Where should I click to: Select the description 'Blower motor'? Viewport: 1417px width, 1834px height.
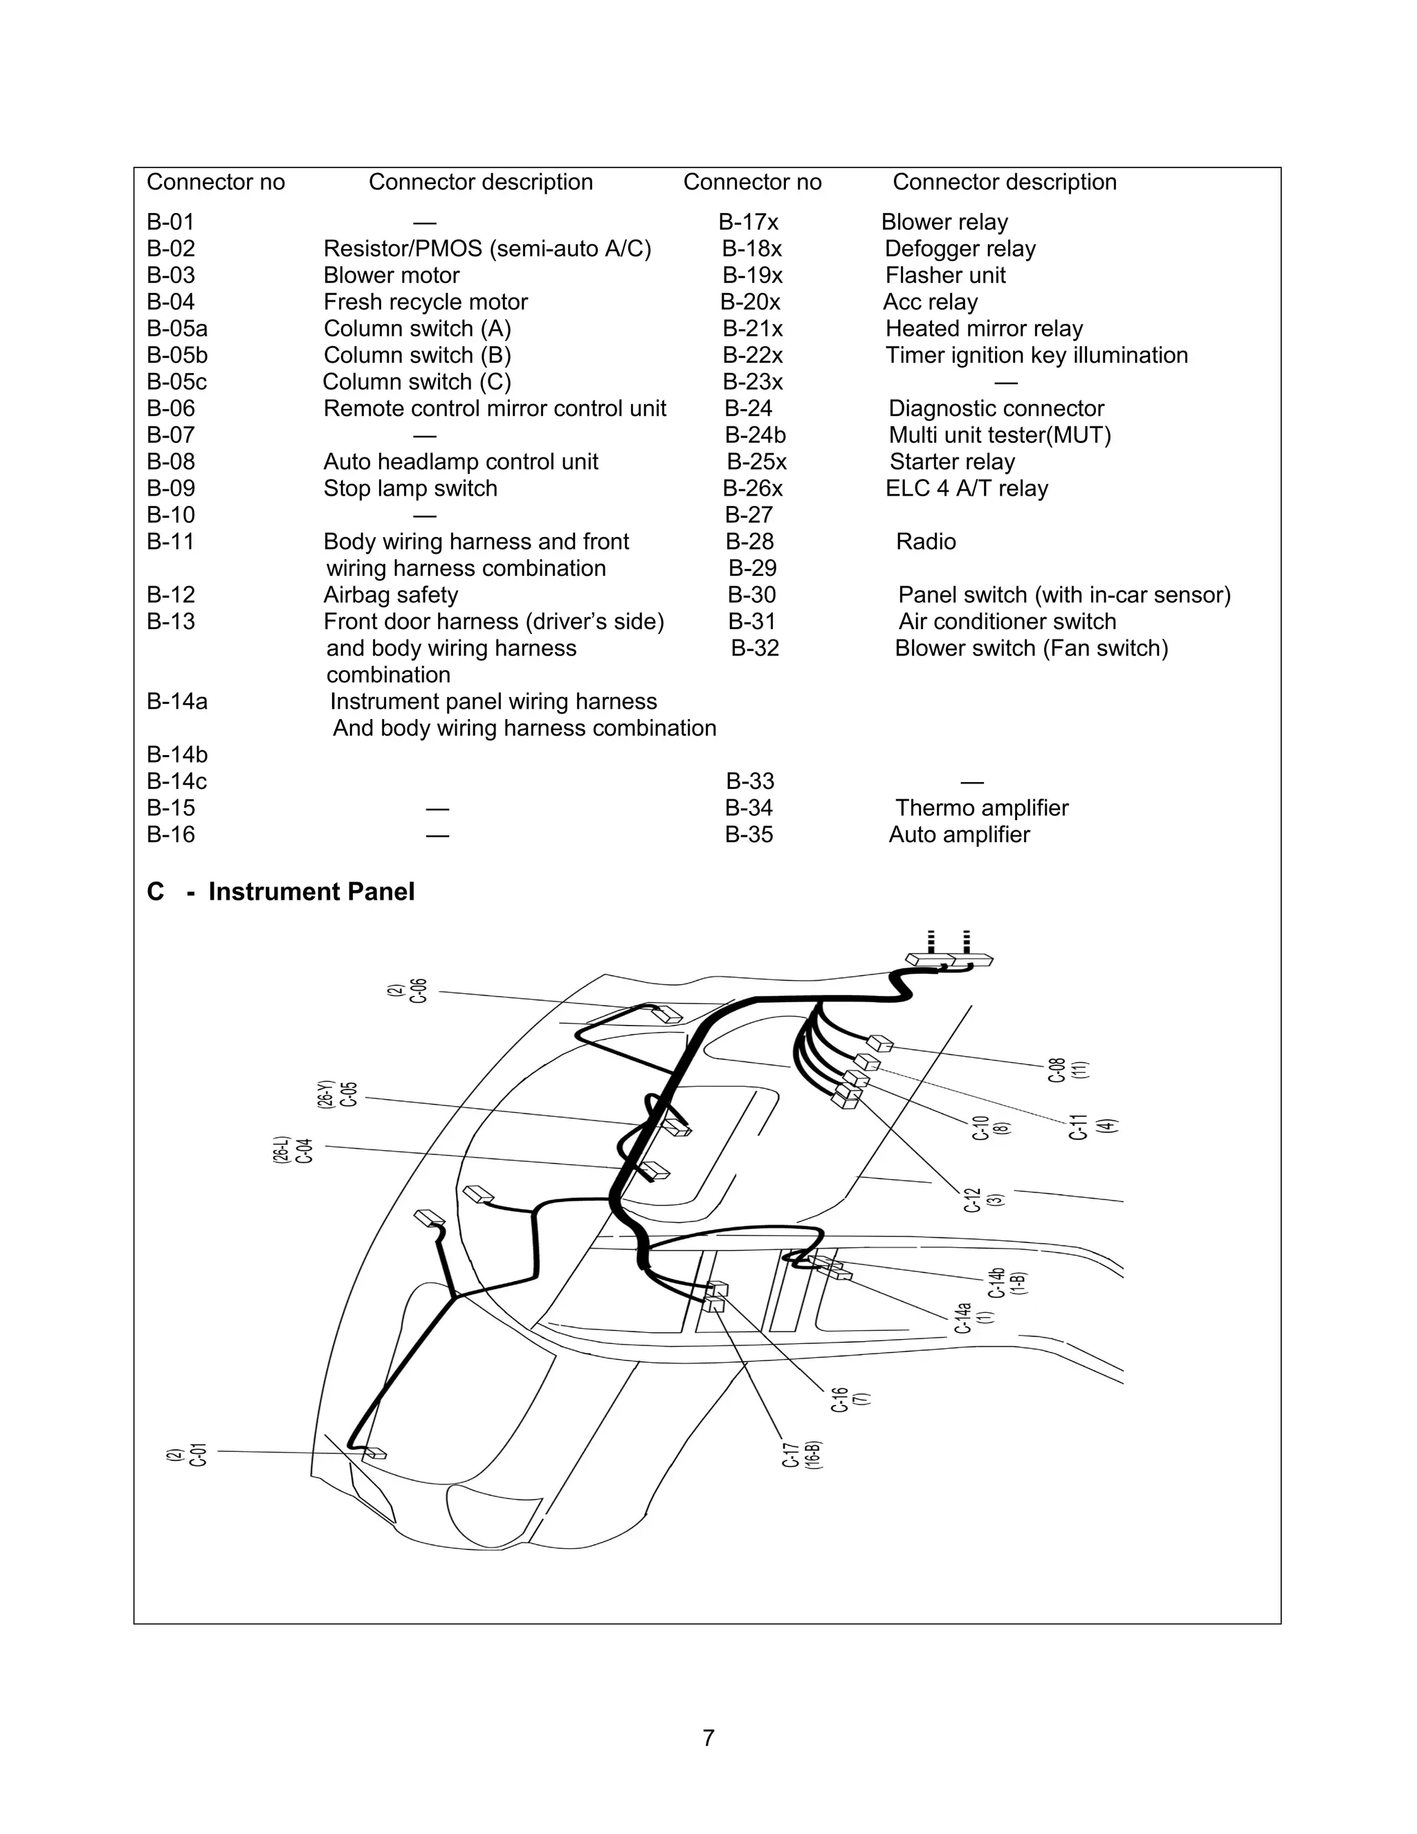[x=391, y=275]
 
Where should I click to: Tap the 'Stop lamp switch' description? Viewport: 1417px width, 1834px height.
[x=410, y=489]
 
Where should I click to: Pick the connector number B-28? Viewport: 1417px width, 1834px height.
[x=749, y=542]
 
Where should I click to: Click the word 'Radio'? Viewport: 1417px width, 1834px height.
[x=925, y=542]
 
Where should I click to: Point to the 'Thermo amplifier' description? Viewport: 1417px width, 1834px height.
[x=981, y=808]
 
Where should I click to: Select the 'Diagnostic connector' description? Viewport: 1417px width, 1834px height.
[x=996, y=409]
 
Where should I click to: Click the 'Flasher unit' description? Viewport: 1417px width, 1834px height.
[x=944, y=275]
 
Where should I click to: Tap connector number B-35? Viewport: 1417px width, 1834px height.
[x=749, y=835]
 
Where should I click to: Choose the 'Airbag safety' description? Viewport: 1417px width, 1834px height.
[x=390, y=595]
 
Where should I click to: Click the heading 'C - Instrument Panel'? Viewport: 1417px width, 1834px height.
[x=280, y=892]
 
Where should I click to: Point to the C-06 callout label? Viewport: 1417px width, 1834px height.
[x=417, y=991]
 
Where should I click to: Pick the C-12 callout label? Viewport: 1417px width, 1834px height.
[x=972, y=1200]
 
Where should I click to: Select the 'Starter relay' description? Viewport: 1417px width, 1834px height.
[x=951, y=462]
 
